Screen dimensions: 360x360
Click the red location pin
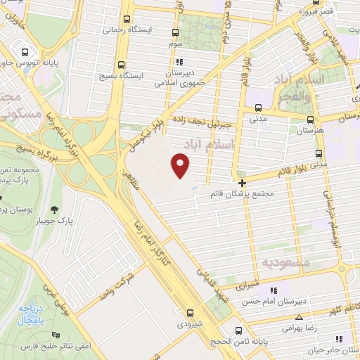tap(181, 165)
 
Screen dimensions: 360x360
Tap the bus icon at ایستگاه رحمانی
tap(126, 20)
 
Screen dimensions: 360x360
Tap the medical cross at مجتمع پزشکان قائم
tap(242, 181)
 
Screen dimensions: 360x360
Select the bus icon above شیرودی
tap(191, 314)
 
